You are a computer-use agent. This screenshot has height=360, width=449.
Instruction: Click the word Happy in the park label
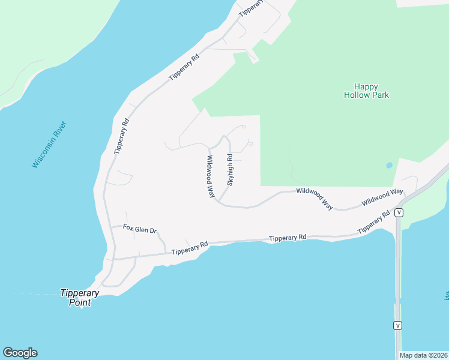(366, 86)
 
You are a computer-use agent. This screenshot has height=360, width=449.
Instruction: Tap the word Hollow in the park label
(358, 95)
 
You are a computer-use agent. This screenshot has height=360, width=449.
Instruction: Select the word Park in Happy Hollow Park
(381, 95)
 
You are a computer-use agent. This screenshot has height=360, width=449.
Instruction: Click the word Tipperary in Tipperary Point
(79, 293)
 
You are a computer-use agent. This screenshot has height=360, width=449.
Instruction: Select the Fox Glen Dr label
(139, 229)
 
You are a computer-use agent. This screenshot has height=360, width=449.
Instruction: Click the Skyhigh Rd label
(229, 169)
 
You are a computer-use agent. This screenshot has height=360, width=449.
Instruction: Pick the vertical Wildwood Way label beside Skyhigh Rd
(211, 176)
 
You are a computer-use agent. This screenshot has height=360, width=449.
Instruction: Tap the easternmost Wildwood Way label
(382, 197)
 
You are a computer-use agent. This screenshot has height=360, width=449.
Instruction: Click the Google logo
(20, 353)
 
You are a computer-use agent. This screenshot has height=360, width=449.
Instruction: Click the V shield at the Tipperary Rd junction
(398, 212)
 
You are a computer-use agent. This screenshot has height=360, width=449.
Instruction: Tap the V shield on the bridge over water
(396, 325)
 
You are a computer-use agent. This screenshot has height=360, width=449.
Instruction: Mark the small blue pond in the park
(390, 165)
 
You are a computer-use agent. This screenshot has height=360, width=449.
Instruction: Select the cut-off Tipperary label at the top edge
(251, 8)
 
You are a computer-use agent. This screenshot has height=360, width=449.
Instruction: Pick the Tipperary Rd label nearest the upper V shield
(373, 223)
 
